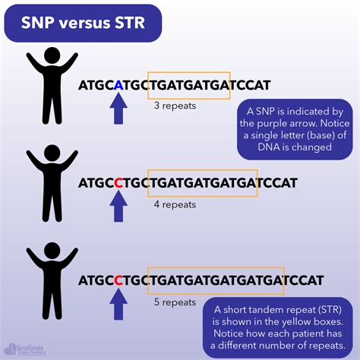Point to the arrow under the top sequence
[118, 111]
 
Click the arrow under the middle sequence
[118, 207]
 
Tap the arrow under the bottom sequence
[118, 305]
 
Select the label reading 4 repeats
[175, 204]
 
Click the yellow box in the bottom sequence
[216, 281]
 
